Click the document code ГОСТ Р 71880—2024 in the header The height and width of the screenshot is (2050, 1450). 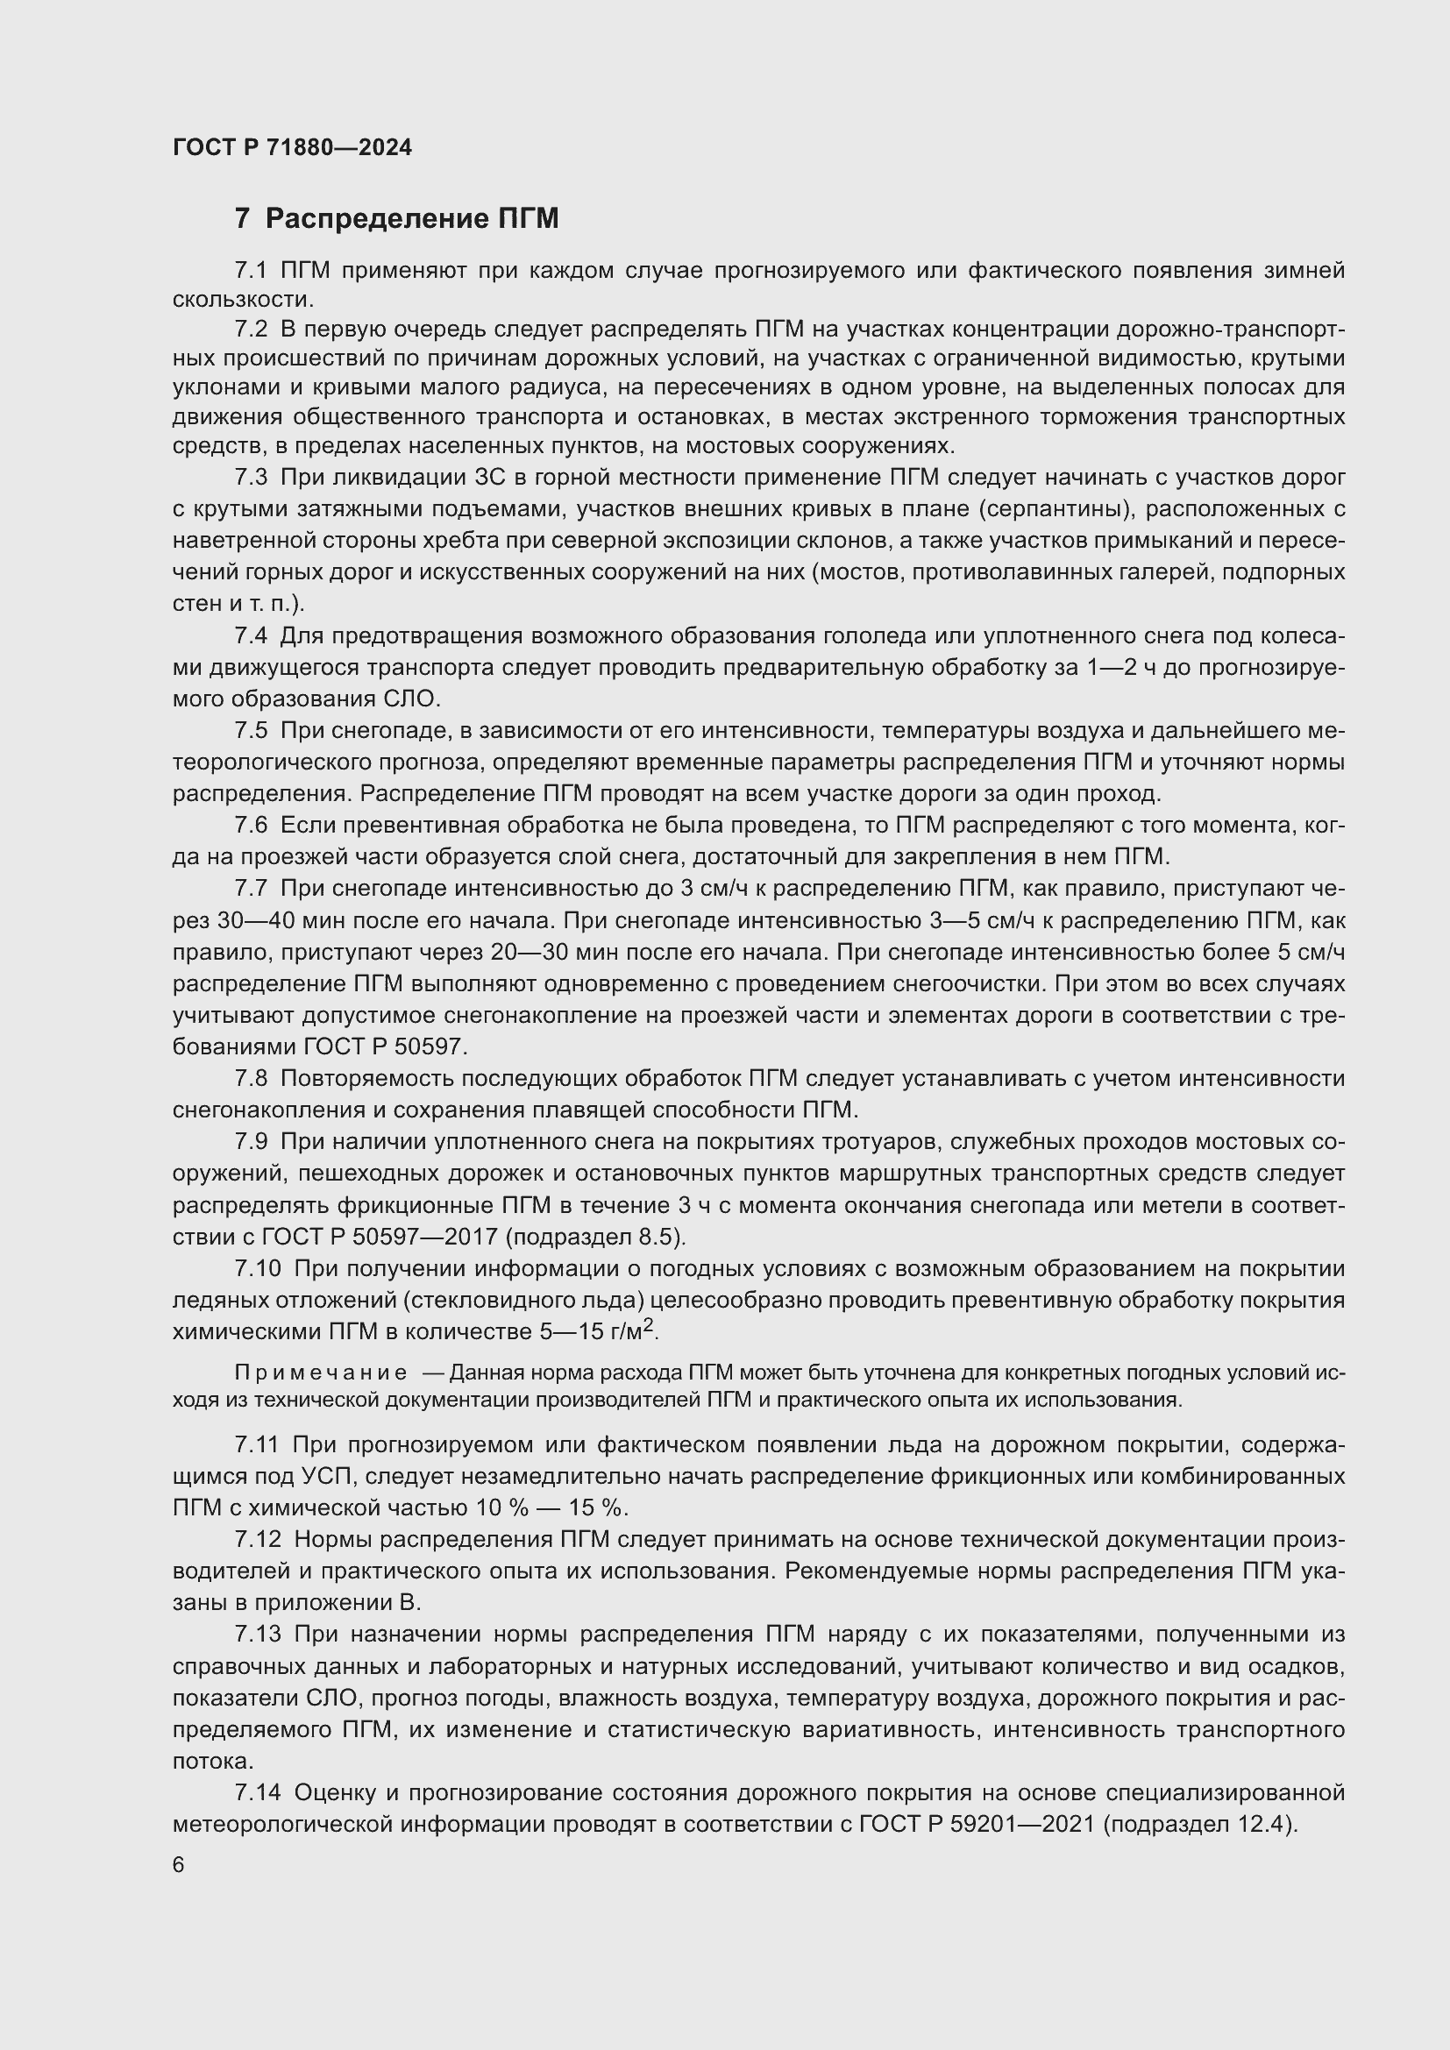click(292, 148)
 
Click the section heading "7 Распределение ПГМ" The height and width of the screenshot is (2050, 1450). click(396, 219)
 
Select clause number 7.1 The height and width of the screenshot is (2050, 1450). click(251, 271)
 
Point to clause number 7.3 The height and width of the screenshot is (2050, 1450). click(251, 478)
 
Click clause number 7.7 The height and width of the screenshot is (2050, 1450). click(251, 889)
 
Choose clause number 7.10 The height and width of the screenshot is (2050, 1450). click(258, 1269)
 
